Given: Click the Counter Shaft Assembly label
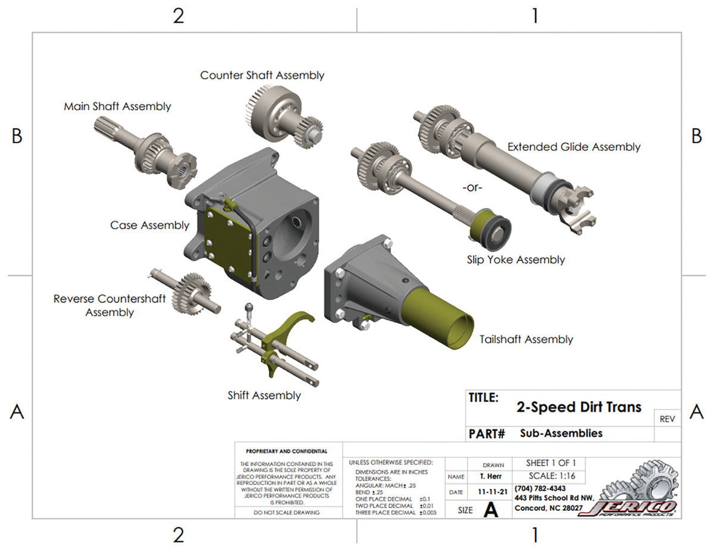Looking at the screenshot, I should [x=262, y=76].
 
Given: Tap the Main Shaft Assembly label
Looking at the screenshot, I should [x=117, y=106].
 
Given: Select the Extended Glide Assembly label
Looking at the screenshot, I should [x=574, y=147].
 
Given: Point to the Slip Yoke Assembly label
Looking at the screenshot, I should [x=515, y=260].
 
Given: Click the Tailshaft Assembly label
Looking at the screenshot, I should [x=526, y=339].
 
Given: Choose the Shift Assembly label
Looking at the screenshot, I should [x=264, y=395].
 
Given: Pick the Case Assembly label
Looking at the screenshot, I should [x=149, y=225].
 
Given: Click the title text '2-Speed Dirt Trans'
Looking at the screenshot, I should [x=578, y=407].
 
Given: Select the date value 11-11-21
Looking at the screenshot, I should [x=491, y=493].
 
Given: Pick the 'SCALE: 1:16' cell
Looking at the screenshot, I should [x=552, y=476].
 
